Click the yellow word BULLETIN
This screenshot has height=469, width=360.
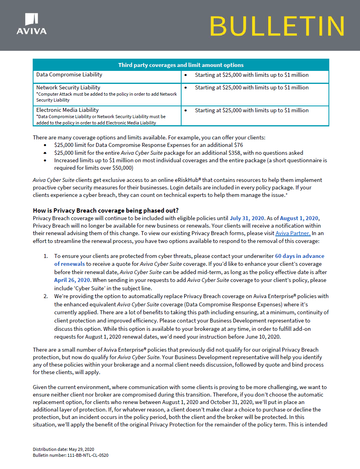tap(277, 26)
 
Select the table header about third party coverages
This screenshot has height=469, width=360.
tap(181, 65)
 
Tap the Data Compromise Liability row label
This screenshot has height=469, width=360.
tap(69, 75)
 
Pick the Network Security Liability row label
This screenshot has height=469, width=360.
tap(68, 87)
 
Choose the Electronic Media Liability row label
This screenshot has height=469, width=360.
tap(67, 110)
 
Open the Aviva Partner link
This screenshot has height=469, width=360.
tap(293, 233)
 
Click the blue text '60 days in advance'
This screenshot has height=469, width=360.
tap(299, 256)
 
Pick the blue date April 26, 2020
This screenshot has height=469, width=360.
tap(72, 280)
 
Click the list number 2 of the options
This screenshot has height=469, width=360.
tap(46, 296)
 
